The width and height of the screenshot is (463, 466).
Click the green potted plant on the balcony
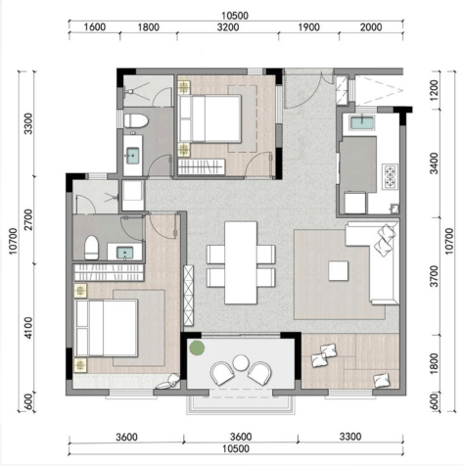(x=197, y=348)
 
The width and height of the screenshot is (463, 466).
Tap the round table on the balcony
(x=241, y=363)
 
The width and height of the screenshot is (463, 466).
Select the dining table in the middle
(x=241, y=262)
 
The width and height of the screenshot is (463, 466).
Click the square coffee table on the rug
(x=338, y=270)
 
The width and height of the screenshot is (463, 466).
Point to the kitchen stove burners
(x=391, y=177)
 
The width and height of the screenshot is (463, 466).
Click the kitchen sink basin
(x=362, y=123)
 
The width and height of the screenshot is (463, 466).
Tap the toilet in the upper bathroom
(x=136, y=120)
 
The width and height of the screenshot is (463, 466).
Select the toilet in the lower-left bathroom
(x=92, y=248)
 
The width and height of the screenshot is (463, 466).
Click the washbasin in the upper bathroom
(x=133, y=157)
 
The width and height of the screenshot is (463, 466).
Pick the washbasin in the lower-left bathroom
(x=125, y=253)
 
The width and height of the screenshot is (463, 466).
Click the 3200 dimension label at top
(x=228, y=27)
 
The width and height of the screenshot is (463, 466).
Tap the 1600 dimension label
(x=95, y=27)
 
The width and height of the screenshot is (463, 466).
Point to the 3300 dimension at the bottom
(x=350, y=437)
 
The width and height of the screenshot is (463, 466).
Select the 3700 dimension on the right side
(x=434, y=276)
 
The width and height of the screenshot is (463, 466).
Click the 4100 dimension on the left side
(x=28, y=328)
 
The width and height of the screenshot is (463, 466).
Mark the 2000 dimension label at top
(x=371, y=27)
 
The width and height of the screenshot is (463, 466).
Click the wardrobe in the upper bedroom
(x=202, y=166)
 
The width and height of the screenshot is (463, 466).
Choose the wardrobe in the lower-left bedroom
(x=109, y=272)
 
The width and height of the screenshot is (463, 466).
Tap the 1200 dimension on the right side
(x=434, y=90)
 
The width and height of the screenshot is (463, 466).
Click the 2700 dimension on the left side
(x=28, y=219)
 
